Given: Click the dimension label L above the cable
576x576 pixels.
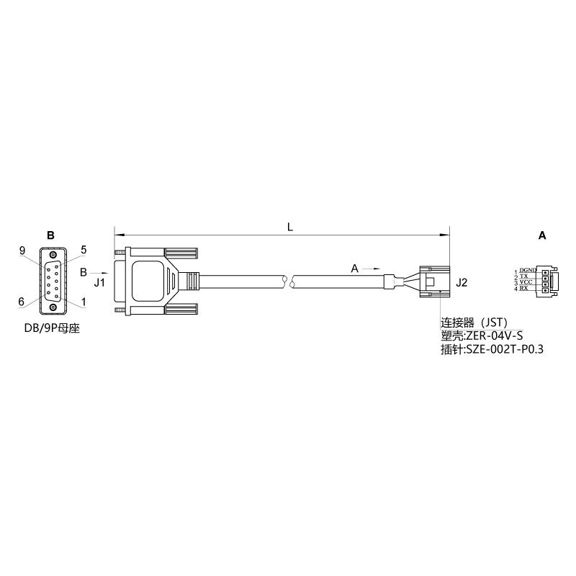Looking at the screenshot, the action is (290, 227).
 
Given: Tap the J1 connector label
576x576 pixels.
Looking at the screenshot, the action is (99, 282).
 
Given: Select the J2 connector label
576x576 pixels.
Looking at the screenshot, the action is (462, 282).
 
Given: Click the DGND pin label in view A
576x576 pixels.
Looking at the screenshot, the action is (528, 271).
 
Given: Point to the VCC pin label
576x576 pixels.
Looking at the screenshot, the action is (526, 282).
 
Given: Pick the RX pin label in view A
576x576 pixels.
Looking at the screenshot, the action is (523, 288).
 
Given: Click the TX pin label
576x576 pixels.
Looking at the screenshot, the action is (523, 276).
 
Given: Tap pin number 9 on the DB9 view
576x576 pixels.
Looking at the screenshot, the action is (22, 251).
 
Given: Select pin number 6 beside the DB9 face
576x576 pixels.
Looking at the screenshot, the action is (22, 302).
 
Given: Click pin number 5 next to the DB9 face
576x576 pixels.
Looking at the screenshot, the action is (84, 250).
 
